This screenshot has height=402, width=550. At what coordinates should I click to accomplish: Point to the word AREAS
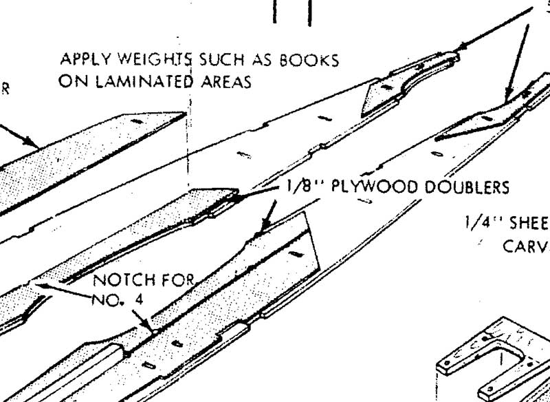[x=223, y=81]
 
